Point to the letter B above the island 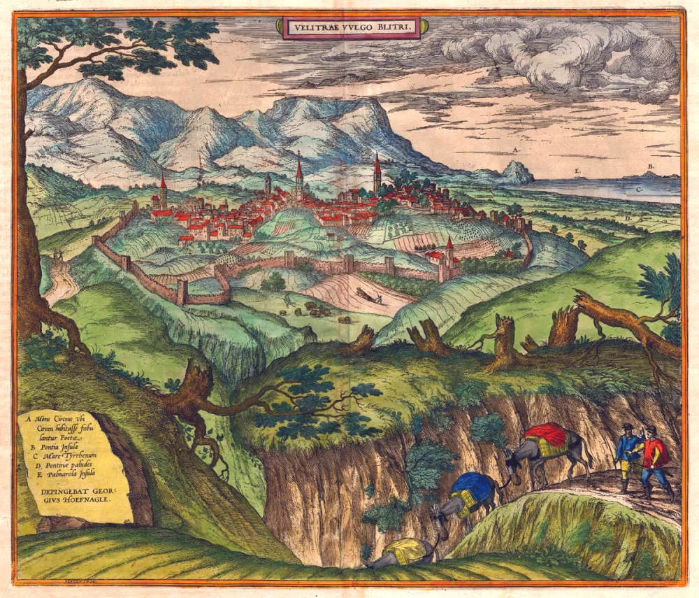tap(650, 166)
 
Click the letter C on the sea tap(639, 190)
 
